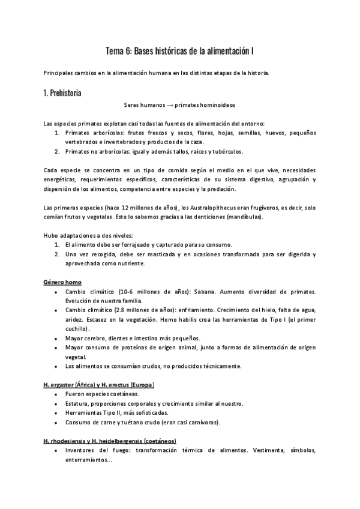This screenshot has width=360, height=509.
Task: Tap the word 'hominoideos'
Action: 219,104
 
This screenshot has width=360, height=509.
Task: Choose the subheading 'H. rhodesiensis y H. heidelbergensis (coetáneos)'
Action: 110,441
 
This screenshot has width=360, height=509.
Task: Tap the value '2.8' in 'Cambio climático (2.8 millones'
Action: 125,310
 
